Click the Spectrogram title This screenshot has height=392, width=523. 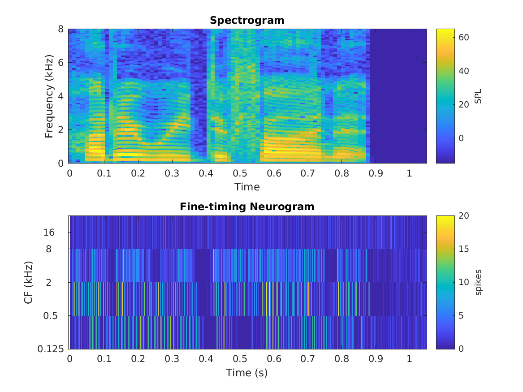click(x=247, y=21)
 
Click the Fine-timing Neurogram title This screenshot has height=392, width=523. click(x=247, y=207)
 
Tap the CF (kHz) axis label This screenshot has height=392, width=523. click(x=29, y=282)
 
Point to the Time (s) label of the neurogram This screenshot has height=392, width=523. click(x=247, y=372)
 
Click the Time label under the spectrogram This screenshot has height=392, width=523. click(x=247, y=186)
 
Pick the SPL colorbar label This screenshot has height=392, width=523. click(x=478, y=96)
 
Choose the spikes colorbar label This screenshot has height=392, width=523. click(x=478, y=282)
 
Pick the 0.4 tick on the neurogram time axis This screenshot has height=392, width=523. click(x=206, y=359)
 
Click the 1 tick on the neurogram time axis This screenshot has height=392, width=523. click(x=409, y=359)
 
